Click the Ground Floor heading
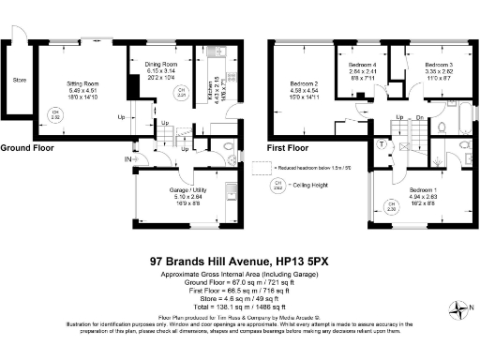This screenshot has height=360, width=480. (28, 148)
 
